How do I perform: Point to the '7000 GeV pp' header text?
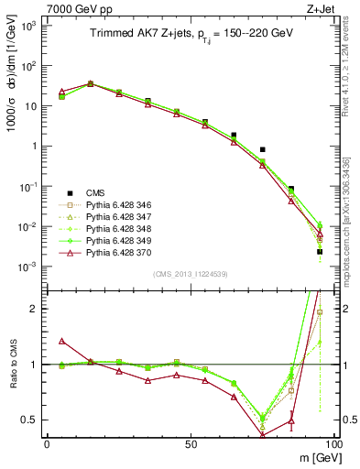point(73,7)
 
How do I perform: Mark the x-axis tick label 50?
point(191,443)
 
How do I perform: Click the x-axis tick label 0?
point(47,443)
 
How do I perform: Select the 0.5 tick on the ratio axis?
point(32,420)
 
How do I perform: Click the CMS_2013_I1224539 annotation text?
point(191,273)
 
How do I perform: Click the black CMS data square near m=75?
point(262,149)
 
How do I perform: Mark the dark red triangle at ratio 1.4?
point(61,341)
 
